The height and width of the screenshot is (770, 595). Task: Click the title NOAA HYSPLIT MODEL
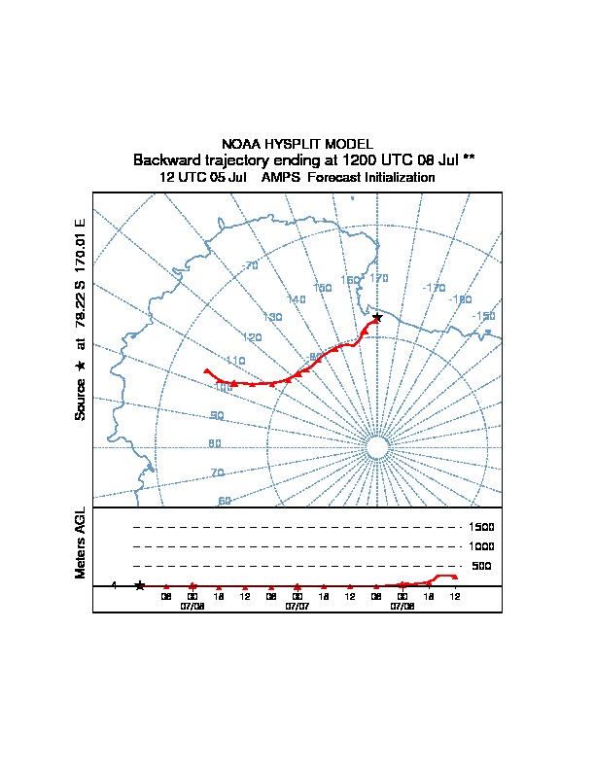297,144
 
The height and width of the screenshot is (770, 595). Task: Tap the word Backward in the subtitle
164,159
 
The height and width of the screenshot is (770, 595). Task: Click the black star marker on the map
377,317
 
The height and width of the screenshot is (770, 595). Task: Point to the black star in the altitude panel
140,585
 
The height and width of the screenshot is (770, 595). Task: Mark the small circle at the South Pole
377,446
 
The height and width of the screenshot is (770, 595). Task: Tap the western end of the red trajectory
205,370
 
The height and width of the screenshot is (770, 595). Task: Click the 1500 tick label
481,528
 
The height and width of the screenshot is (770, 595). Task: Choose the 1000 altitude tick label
481,547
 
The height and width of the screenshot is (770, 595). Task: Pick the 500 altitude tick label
481,567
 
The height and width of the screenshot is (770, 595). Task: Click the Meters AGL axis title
81,542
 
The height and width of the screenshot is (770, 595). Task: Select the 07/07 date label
297,606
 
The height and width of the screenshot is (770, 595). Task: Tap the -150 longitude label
483,317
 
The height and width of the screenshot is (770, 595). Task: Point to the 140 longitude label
297,299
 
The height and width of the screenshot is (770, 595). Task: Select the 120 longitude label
253,338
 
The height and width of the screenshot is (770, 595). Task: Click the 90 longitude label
216,415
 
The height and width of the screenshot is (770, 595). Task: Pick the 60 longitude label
225,501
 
